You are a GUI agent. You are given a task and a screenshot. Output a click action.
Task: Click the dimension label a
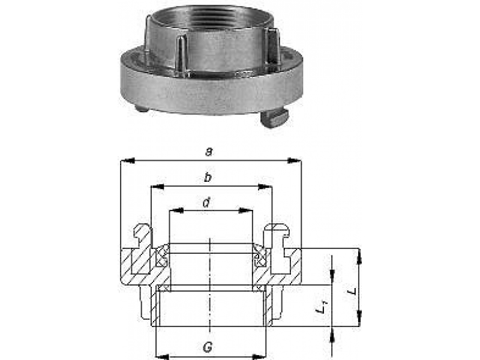209,152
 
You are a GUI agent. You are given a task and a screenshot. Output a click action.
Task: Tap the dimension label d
206,203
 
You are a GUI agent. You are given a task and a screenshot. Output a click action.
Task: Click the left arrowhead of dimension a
124,160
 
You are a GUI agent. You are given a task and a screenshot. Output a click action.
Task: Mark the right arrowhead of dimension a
296,160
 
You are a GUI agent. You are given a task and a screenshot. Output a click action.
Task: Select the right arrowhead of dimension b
268,187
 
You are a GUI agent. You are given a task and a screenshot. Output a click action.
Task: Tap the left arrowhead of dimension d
173,211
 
